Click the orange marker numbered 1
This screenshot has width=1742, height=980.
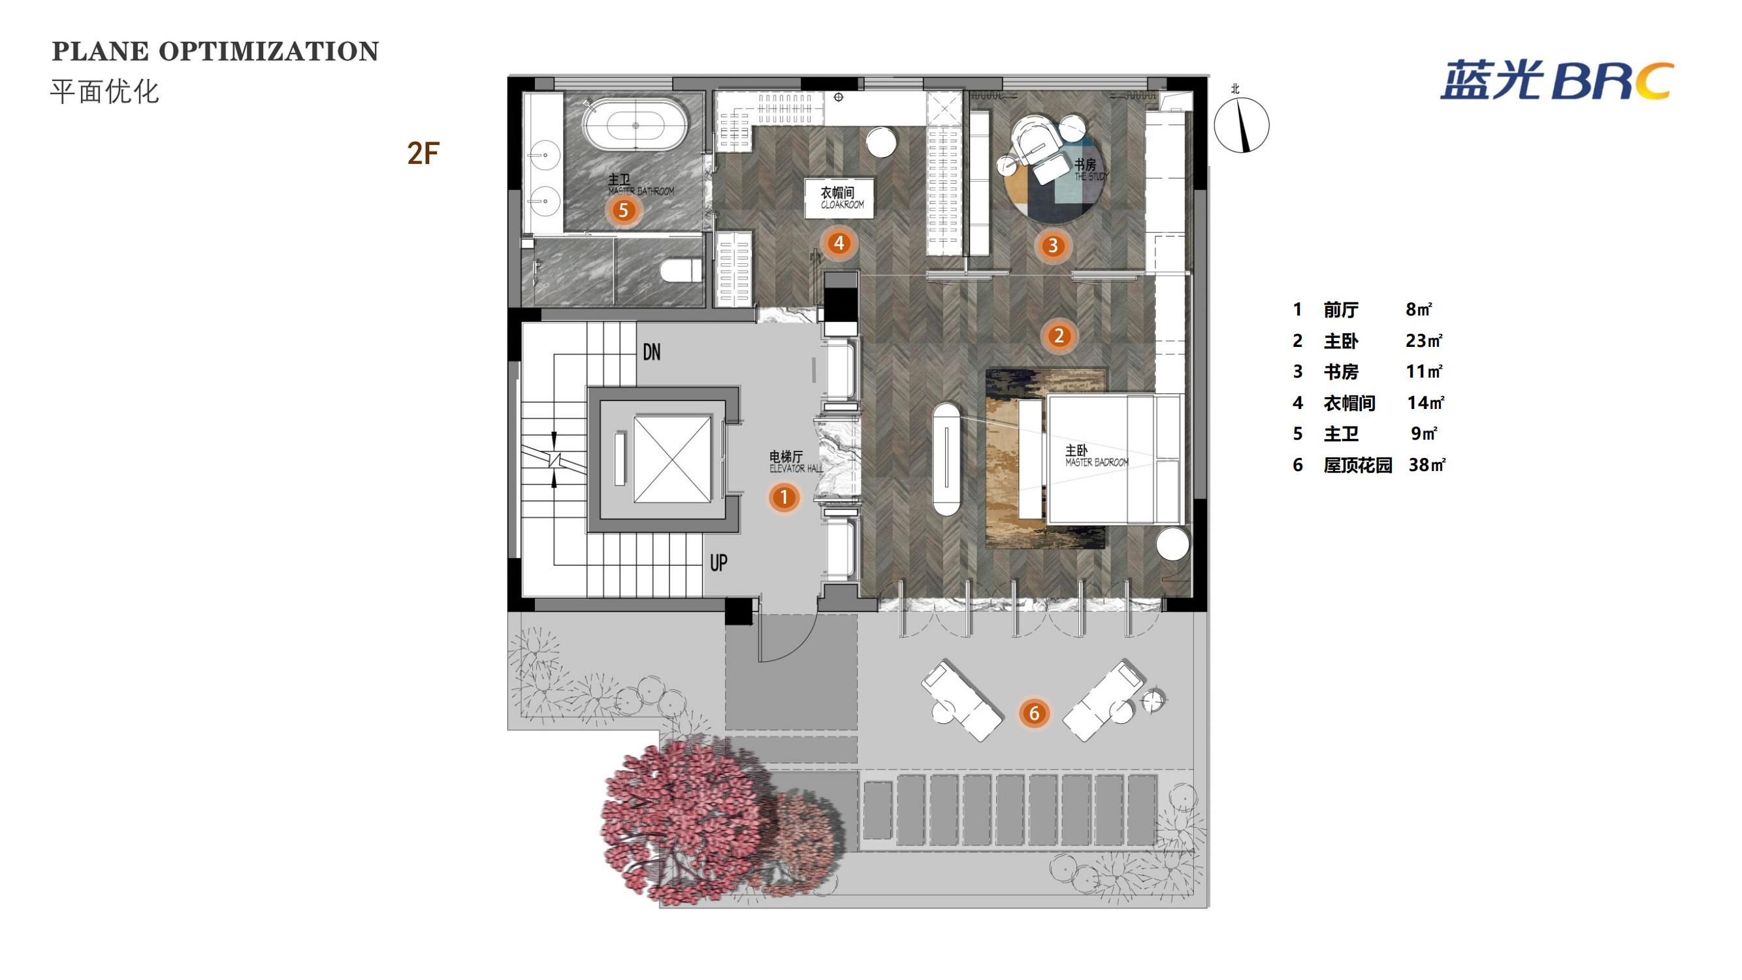click(x=784, y=498)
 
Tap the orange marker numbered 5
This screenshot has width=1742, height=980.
click(x=623, y=210)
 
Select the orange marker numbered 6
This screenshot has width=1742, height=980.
click(x=1033, y=713)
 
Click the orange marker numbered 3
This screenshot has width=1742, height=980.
click(x=1052, y=246)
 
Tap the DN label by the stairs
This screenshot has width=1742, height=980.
click(x=651, y=351)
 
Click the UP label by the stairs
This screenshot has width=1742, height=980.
click(x=718, y=562)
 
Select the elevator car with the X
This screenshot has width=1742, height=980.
click(x=672, y=459)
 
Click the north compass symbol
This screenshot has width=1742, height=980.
click(x=1241, y=124)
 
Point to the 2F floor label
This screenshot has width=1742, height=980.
click(x=423, y=154)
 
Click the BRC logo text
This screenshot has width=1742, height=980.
click(x=1611, y=82)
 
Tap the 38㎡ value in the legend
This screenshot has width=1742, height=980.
click(x=1427, y=465)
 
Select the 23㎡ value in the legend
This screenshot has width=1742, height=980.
click(x=1423, y=340)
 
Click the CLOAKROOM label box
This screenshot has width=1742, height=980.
click(x=839, y=198)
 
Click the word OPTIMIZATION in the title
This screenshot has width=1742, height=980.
click(x=268, y=52)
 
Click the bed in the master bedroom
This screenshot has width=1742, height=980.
click(x=1114, y=459)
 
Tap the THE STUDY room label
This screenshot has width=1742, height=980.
click(x=1091, y=176)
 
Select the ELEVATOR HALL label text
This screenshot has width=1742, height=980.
click(x=796, y=468)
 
